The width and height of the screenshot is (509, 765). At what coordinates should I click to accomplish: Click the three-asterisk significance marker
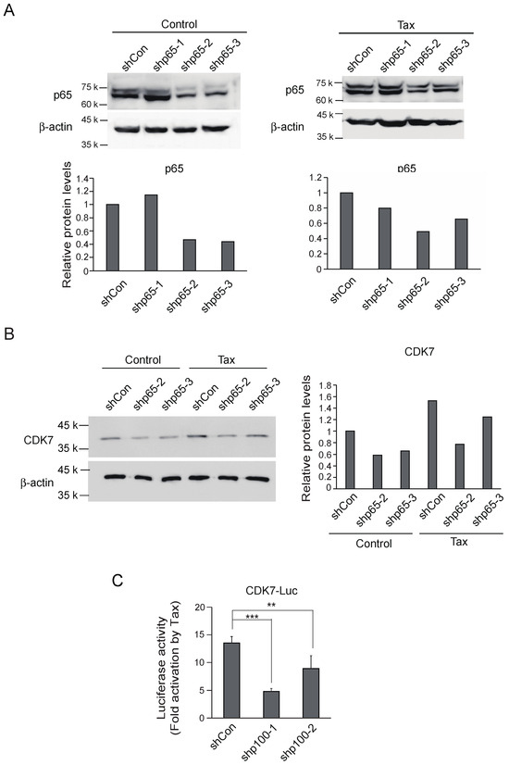pos(251,617)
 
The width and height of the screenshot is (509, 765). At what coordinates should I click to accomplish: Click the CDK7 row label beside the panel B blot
pos(61,441)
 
